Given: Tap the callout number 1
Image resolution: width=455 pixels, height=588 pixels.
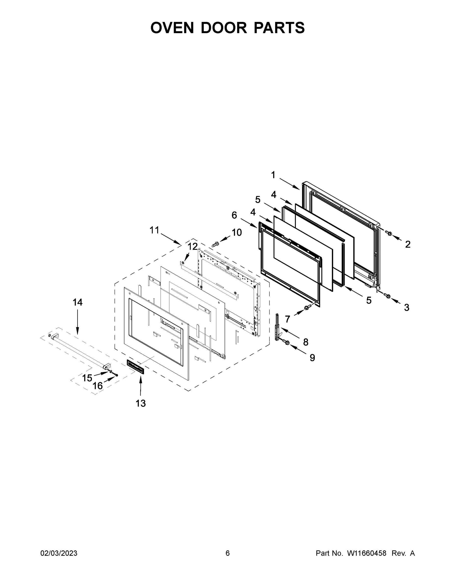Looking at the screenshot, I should pyautogui.click(x=273, y=175).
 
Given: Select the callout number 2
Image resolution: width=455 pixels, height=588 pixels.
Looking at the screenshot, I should pyautogui.click(x=408, y=244).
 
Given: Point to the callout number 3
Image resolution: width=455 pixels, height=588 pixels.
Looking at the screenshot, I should pyautogui.click(x=406, y=307).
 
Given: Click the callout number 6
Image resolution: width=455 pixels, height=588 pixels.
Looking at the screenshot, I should pyautogui.click(x=234, y=215).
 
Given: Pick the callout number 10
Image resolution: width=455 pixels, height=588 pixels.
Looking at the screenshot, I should pyautogui.click(x=237, y=232).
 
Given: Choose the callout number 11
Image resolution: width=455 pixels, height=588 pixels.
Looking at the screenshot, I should pyautogui.click(x=155, y=230).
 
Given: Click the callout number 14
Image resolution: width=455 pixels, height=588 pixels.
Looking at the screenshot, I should pyautogui.click(x=77, y=302).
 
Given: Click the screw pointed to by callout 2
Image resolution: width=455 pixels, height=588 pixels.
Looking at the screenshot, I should pyautogui.click(x=389, y=233).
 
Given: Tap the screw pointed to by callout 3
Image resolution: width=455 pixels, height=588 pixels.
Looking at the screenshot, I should pyautogui.click(x=388, y=296).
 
